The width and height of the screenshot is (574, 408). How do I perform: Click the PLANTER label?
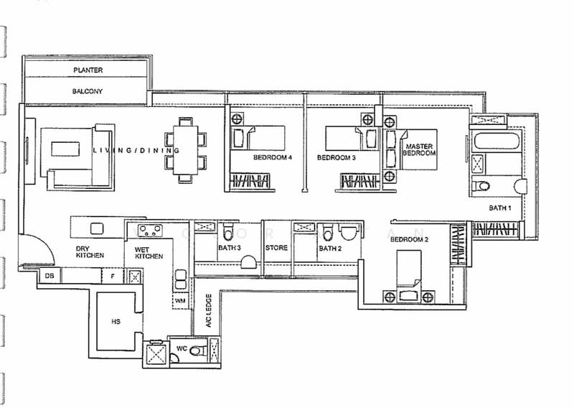[88, 70]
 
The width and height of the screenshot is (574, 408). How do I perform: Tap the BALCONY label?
[87, 91]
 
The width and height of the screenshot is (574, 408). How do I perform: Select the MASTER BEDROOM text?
[419, 149]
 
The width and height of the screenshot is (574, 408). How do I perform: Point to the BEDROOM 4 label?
[273, 157]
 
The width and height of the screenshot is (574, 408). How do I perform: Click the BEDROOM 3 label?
[336, 158]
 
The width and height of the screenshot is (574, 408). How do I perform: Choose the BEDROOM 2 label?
[409, 240]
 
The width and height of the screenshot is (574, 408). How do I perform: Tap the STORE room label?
[276, 248]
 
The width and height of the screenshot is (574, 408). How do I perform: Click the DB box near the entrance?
[50, 276]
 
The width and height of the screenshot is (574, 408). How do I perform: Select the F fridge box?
[113, 276]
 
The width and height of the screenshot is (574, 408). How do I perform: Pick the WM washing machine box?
[180, 301]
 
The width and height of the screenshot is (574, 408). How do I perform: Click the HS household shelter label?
[116, 322]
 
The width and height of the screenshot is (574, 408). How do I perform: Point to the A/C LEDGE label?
[208, 310]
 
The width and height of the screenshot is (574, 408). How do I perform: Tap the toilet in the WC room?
[196, 351]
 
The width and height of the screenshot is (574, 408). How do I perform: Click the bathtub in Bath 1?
[496, 142]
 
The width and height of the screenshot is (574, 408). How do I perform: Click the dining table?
[185, 150]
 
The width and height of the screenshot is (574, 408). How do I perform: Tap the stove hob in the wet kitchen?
[150, 230]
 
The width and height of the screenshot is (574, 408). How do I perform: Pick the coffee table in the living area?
[65, 149]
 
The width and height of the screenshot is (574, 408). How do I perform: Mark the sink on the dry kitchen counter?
[97, 228]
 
